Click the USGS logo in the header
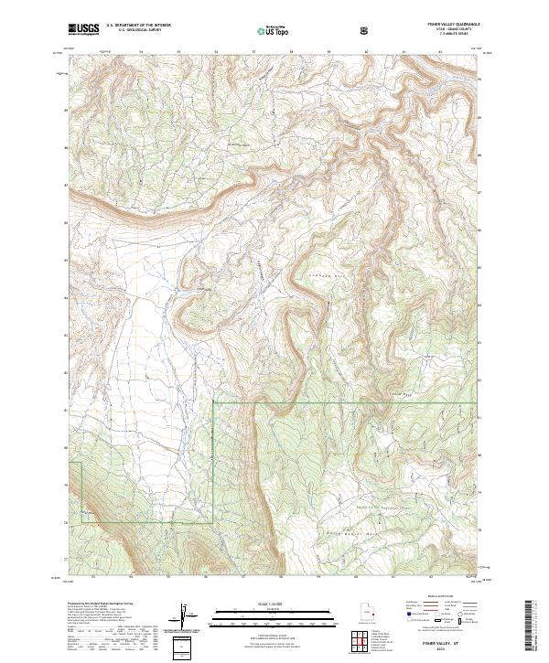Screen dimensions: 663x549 click(84, 29)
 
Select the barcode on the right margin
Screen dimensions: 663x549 click(531, 626)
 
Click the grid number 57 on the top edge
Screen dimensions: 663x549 click(253, 52)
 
